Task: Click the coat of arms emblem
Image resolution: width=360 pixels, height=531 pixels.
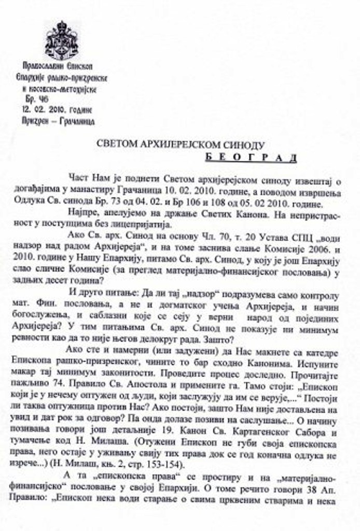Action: pyautogui.click(x=61, y=40)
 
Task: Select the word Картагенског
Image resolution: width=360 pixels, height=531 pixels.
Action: pyautogui.click(x=261, y=431)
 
